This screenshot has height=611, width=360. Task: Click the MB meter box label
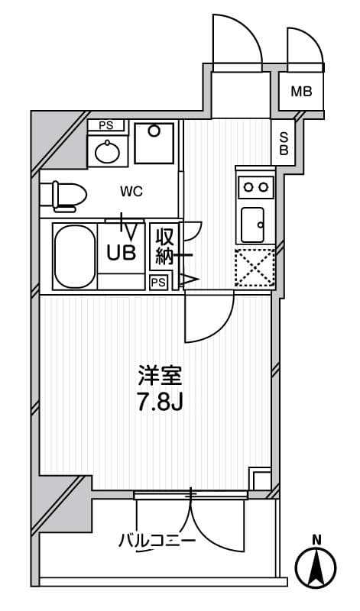point(302,92)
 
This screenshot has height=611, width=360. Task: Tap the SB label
point(284,144)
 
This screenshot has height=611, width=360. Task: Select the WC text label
point(131,192)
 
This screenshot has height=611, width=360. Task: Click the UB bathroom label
point(122,253)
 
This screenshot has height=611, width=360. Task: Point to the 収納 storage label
point(164,247)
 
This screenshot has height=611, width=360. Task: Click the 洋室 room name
point(160,377)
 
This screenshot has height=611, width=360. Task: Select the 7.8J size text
point(159,403)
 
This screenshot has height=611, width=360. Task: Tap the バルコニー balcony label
point(157,541)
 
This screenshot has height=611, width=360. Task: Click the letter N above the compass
point(316,541)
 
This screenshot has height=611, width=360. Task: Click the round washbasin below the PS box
point(107,152)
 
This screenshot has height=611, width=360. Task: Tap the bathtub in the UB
point(74,257)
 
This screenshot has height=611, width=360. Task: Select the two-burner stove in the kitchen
point(256,187)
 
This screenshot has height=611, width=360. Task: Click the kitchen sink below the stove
point(253,225)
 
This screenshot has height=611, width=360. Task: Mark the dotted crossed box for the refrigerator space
point(255,268)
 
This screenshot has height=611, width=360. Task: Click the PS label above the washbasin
point(105,126)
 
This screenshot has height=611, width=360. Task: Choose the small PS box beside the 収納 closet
point(159,283)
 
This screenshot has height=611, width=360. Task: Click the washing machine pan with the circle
point(154,143)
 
